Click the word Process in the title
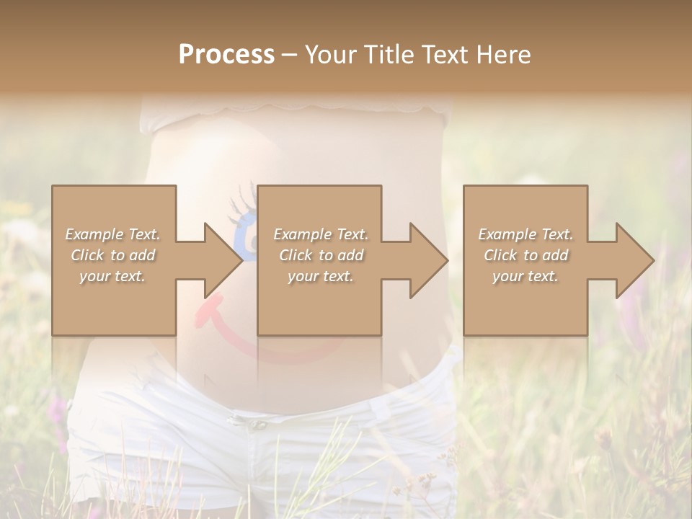point(226,55)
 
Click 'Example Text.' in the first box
point(113,234)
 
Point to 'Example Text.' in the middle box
point(321,234)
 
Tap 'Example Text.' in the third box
point(525,234)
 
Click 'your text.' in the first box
point(112,276)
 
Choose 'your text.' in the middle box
point(320,276)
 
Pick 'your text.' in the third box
point(525,276)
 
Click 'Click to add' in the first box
point(113,255)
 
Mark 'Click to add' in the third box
point(526,255)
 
